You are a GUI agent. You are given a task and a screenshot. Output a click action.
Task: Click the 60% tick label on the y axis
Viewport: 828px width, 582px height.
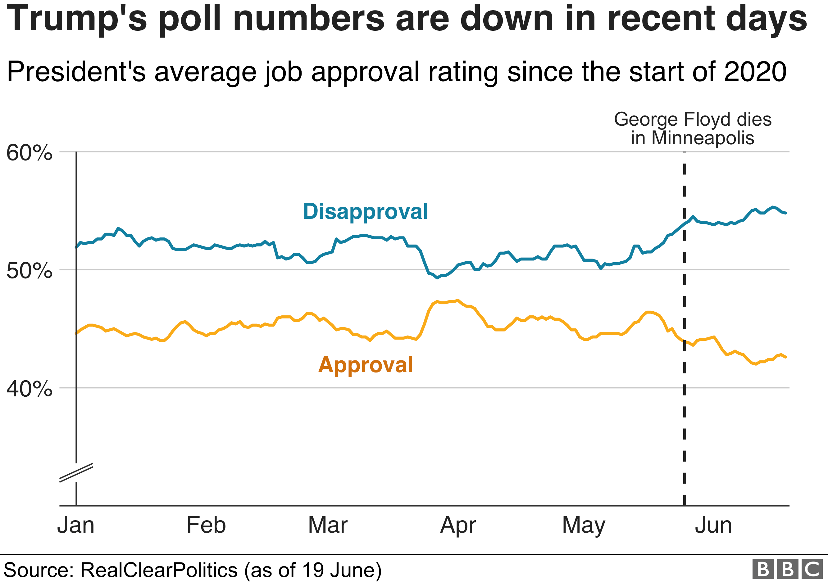29,153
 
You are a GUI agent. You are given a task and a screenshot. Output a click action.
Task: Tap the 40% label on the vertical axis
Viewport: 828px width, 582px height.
29,389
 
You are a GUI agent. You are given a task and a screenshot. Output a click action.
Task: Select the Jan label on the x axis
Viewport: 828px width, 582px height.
76,525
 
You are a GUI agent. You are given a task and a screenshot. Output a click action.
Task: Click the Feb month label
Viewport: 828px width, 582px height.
206,525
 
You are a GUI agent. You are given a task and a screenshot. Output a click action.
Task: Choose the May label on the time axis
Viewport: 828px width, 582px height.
584,526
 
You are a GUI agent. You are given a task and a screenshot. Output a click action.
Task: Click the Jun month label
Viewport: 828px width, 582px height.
713,525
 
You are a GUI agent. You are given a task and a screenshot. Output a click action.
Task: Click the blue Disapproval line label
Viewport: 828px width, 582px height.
365,212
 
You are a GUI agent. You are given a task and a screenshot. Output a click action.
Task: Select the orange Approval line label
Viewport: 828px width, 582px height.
365,365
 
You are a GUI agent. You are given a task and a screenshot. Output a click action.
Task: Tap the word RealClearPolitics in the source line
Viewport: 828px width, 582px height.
159,570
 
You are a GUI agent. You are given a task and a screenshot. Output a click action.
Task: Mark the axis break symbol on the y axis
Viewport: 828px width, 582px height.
76,472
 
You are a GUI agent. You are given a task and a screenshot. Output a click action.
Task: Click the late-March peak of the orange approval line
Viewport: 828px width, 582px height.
457,300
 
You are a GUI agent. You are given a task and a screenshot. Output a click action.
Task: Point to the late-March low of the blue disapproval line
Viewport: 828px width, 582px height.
437,278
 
